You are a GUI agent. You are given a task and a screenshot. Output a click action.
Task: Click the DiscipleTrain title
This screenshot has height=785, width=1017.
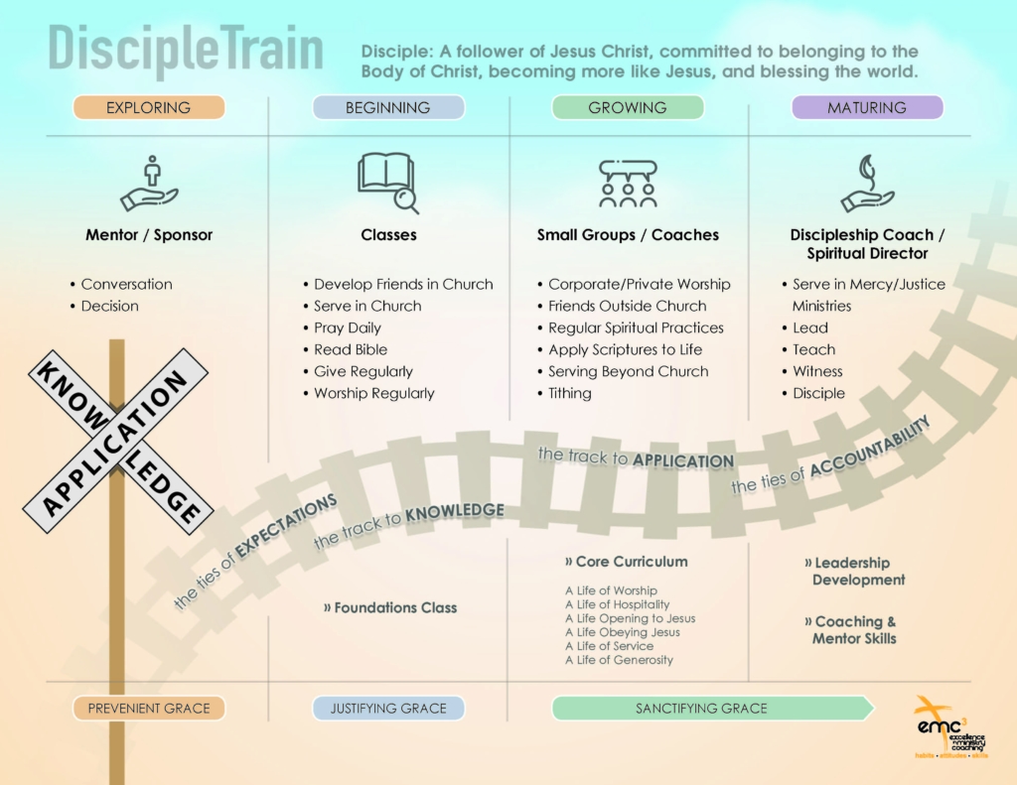(186, 50)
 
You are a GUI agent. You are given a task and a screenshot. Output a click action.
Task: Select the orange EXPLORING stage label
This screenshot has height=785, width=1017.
(149, 107)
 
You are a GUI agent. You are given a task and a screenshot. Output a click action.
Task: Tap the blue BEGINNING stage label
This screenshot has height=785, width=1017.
(388, 107)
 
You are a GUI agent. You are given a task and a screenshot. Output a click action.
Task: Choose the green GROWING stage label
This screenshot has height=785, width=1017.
(628, 107)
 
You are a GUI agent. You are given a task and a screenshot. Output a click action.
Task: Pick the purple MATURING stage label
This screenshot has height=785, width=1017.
(867, 107)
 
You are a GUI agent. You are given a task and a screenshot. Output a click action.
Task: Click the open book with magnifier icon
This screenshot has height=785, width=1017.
(387, 183)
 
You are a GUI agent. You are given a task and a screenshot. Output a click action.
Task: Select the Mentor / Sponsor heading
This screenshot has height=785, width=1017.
(149, 235)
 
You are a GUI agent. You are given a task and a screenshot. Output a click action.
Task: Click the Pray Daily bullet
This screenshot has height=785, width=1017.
(347, 327)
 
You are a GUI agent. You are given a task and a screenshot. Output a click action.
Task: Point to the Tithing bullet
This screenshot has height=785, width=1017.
(569, 393)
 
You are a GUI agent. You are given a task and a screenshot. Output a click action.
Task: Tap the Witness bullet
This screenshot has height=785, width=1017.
(817, 371)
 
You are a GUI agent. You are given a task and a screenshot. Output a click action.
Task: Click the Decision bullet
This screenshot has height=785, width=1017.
(109, 306)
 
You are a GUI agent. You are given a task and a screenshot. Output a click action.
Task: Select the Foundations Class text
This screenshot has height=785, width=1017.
(395, 607)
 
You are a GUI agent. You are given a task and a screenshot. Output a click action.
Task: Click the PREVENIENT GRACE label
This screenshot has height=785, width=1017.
(149, 709)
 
